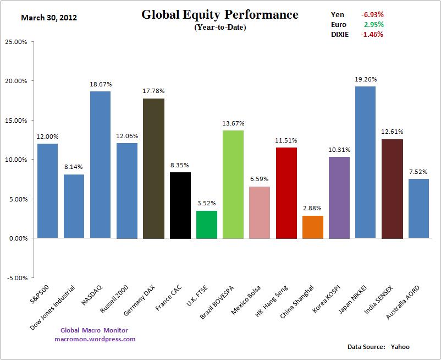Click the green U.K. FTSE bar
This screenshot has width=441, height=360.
tap(206, 225)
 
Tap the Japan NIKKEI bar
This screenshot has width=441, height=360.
tap(365, 162)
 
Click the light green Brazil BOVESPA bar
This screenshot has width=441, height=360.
tap(233, 184)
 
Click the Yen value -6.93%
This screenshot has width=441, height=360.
tap(372, 14)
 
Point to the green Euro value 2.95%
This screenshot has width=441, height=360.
tap(373, 24)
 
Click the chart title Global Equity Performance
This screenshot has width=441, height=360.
tap(220, 14)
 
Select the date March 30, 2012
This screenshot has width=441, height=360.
tap(49, 17)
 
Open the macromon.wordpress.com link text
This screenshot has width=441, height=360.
tap(95, 339)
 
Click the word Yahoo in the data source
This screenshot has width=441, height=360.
tap(400, 347)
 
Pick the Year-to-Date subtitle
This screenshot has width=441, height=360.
tap(220, 28)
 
